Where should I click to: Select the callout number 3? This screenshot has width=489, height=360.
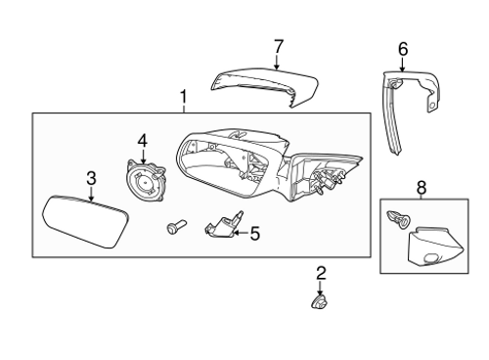click(91, 178)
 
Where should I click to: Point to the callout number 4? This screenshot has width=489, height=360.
click(142, 141)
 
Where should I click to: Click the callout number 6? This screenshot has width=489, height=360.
click(403, 47)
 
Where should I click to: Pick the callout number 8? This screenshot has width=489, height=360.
click(422, 186)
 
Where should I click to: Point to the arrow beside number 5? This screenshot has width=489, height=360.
click(242, 233)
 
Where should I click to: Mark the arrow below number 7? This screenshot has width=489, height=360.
click(278, 62)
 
